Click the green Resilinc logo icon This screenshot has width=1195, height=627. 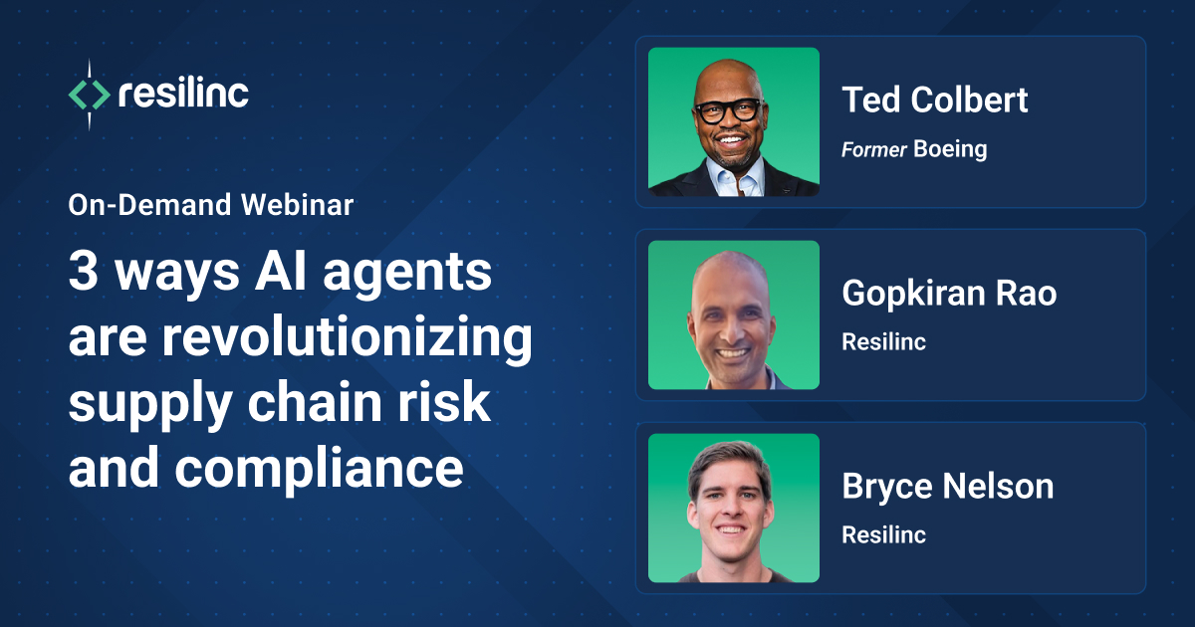click(x=89, y=96)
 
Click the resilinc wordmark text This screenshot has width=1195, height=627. click(x=183, y=95)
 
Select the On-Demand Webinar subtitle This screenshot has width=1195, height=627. click(x=211, y=206)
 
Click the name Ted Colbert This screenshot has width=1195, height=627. click(x=935, y=100)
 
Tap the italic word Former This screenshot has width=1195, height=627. click(x=873, y=149)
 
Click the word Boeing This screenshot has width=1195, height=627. click(x=950, y=149)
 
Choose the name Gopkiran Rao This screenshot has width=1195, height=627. click(x=949, y=293)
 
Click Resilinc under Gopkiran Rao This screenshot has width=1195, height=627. click(x=883, y=341)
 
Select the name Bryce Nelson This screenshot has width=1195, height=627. click(x=947, y=486)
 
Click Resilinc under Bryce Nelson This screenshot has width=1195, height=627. click(x=883, y=534)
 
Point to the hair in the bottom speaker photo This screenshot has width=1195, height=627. click(x=730, y=458)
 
